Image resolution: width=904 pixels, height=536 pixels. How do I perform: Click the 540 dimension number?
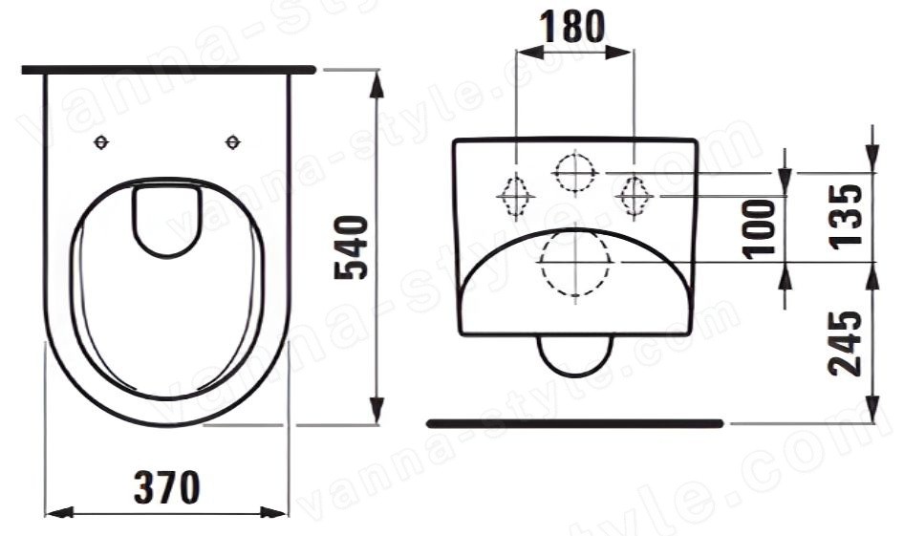[351, 247]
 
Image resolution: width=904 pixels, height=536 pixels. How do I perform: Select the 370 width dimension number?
[166, 487]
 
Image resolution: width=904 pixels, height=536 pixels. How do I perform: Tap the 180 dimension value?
[572, 27]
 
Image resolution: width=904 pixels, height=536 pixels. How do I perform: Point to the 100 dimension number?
[760, 228]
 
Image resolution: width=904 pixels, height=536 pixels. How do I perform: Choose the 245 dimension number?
[846, 343]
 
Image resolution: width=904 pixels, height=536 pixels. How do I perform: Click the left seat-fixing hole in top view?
[101, 141]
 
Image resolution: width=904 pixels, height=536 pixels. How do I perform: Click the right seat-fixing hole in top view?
[233, 141]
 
